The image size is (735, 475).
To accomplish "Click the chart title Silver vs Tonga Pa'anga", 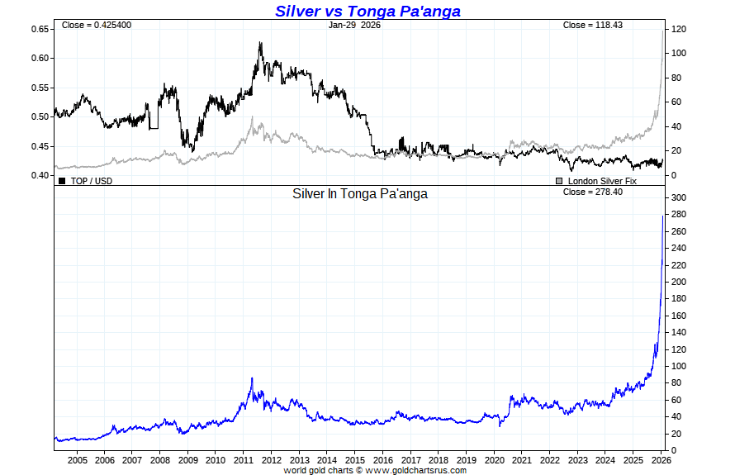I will (x=367, y=11).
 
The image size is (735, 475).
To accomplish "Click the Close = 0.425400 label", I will (x=96, y=25).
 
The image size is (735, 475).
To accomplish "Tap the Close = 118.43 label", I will (x=592, y=25).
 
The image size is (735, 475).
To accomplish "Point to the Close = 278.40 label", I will (x=592, y=192).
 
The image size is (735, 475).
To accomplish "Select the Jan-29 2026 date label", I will (x=354, y=25).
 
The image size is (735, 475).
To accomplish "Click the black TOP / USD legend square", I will (x=62, y=180).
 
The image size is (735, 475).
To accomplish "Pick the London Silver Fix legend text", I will (x=602, y=180).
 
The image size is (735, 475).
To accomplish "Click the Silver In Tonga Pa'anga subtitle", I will (x=361, y=194).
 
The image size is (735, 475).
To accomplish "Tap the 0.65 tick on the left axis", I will (x=40, y=29).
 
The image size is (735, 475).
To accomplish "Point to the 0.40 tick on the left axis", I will (x=40, y=175).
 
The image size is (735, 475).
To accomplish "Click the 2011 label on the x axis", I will (x=244, y=460).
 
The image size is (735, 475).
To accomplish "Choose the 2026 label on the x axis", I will (x=661, y=460).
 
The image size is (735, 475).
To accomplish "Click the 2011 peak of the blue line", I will (x=252, y=378).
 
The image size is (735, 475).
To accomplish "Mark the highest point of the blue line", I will (x=663, y=216).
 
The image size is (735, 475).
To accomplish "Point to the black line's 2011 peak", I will (x=260, y=43).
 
